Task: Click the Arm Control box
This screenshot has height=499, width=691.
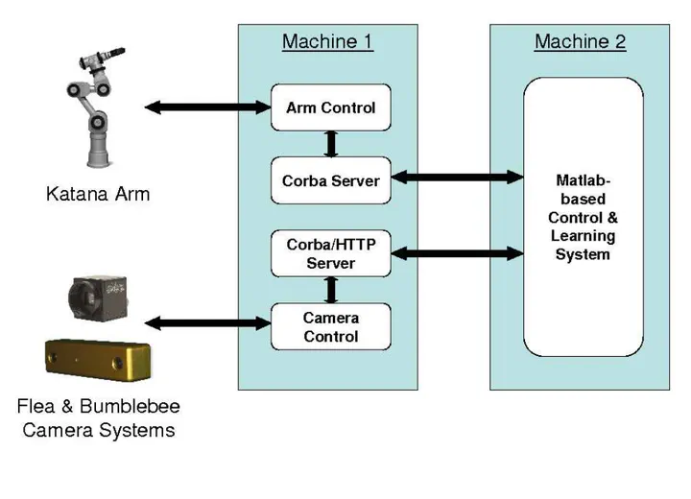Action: tap(330, 107)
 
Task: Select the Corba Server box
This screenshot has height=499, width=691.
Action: tap(330, 180)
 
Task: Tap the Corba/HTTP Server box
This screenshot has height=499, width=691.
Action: tap(331, 254)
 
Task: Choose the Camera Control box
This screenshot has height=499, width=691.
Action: tap(331, 327)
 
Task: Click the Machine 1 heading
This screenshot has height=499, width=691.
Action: tap(327, 42)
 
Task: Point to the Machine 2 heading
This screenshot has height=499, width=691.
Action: tap(580, 42)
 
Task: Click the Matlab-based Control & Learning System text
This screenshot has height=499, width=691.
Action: tap(583, 217)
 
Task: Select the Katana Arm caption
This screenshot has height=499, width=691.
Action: tap(98, 195)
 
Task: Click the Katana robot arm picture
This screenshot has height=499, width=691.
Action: tap(96, 106)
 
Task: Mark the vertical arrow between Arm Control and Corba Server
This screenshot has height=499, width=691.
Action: tap(332, 143)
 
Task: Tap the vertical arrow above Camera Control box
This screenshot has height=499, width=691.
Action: tap(332, 289)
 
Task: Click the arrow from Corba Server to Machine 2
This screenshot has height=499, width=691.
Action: tap(457, 178)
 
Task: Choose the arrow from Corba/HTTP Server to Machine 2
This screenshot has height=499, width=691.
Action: tap(457, 252)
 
